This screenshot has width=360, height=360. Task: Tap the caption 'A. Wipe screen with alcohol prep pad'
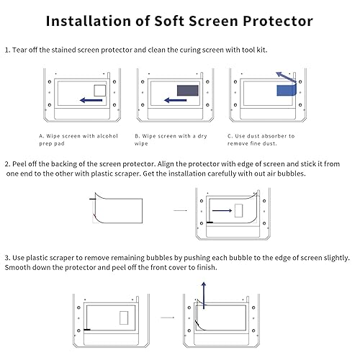[x=77, y=139]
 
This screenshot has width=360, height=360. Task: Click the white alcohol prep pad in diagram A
[x=100, y=91]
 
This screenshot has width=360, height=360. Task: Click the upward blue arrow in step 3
[x=204, y=295]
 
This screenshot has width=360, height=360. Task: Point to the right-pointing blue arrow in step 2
[x=223, y=210]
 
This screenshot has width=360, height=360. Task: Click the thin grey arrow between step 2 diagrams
[x=180, y=211]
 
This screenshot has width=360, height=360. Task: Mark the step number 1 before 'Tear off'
[x=6, y=51]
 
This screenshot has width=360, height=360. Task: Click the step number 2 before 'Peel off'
[x=6, y=164]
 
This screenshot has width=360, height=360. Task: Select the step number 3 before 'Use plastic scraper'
[x=6, y=258]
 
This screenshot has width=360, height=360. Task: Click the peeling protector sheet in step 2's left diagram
[x=123, y=207]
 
